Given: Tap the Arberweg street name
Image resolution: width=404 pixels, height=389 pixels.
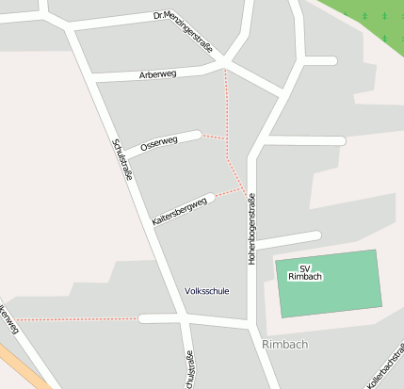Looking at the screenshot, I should point(156,73).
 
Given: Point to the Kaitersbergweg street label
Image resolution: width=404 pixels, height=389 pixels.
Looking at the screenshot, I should point(179,211).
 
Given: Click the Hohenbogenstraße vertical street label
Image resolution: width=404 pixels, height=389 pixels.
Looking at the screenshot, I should point(252,227).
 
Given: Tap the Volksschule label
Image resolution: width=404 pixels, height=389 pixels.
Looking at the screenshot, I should point(207,290).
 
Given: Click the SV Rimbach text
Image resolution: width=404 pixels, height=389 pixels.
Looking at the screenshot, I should point(305,272).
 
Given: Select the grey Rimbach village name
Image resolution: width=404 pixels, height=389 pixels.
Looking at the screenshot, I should point(285,345).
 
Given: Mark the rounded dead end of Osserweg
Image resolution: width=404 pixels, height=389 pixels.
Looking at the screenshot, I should point(198,135).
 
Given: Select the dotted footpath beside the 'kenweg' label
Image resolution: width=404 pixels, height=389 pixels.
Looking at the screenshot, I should point(75,319).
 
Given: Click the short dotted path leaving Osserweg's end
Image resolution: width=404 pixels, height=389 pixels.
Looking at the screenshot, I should point(215,138).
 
